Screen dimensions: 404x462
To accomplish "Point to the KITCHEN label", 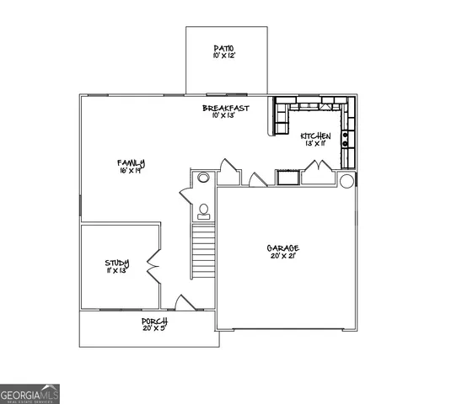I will click(x=316, y=136).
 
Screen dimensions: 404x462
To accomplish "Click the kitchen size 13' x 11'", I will click(x=316, y=144).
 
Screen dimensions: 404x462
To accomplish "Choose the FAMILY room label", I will click(x=131, y=162).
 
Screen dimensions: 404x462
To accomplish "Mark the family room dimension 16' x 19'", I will click(x=131, y=170).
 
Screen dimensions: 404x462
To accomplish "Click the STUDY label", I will click(x=117, y=263).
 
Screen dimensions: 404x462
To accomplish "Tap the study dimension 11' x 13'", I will click(x=117, y=271).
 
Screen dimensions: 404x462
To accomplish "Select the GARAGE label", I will click(x=283, y=247).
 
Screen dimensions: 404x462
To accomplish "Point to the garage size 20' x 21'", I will click(x=283, y=256).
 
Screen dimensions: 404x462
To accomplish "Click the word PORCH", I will click(x=154, y=321).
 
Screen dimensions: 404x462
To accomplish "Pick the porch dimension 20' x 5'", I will click(x=154, y=328).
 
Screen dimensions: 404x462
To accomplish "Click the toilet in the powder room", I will click(x=203, y=210).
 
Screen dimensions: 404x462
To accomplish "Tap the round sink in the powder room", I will click(x=203, y=178).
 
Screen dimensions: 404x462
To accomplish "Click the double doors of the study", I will click(x=154, y=265).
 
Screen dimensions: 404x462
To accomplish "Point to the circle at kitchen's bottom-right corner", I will click(x=346, y=180).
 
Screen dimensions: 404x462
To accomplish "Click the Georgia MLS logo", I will click(x=30, y=394).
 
